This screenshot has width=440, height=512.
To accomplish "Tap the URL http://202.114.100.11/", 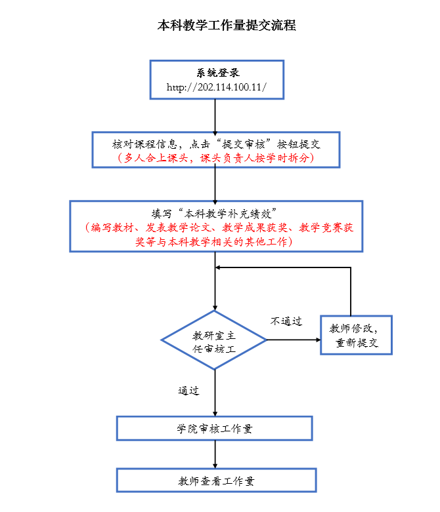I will pyautogui.click(x=216, y=87).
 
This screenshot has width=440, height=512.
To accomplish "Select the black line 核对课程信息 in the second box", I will pyautogui.click(x=216, y=143).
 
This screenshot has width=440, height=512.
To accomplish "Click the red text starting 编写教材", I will pyautogui.click(x=216, y=227).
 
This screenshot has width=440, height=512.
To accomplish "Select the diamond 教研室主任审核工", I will pyautogui.click(x=214, y=340).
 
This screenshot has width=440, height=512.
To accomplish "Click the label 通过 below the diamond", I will pyautogui.click(x=188, y=391).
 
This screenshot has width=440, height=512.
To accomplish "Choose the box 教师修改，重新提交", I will pyautogui.click(x=357, y=335).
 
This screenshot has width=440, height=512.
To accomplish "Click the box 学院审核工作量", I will pyautogui.click(x=215, y=429).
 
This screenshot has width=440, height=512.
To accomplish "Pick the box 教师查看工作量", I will pyautogui.click(x=216, y=481).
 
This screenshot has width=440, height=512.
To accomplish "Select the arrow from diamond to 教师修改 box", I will pyautogui.click(x=293, y=340).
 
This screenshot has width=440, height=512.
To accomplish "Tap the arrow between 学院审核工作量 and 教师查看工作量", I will pyautogui.click(x=215, y=454).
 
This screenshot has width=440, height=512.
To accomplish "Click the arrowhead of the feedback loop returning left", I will pyautogui.click(x=221, y=267).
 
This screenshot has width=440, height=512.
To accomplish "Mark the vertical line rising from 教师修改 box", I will pyautogui.click(x=351, y=291).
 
